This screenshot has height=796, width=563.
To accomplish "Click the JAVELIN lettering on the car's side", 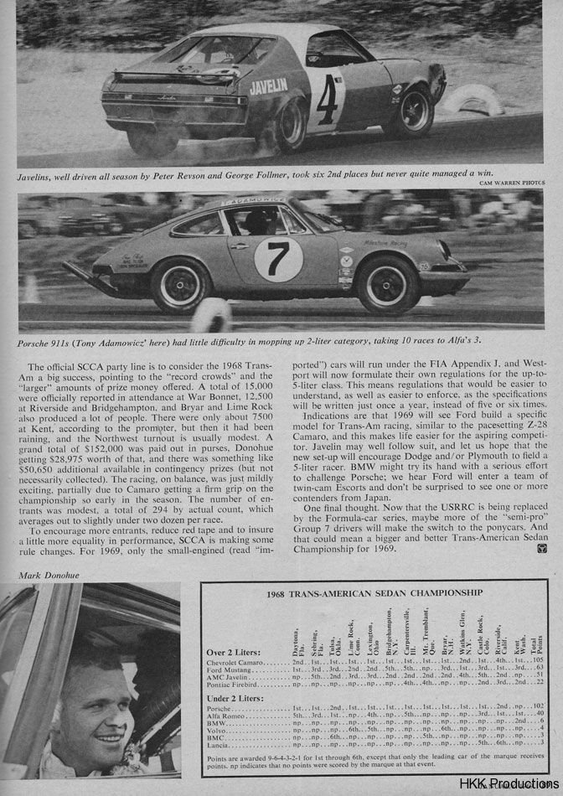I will tap(268, 85).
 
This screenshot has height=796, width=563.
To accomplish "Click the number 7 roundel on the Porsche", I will tap(278, 259).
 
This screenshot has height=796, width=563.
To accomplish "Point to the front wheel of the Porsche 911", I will tap(388, 284).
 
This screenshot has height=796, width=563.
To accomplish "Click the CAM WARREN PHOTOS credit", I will tap(513, 182).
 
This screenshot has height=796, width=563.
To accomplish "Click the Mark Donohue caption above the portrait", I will tap(41, 576).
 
